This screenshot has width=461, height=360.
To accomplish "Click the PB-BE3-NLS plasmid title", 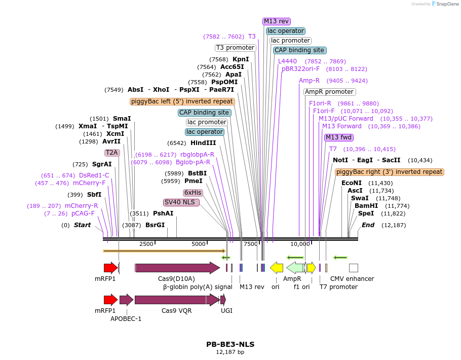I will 230,344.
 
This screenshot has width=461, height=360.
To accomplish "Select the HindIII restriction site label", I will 203,143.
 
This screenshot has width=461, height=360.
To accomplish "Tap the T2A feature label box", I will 111,152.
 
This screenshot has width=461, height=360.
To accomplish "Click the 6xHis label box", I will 193,193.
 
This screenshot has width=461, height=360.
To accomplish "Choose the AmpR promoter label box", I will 329,92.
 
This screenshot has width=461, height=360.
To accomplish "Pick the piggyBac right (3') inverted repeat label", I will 389,172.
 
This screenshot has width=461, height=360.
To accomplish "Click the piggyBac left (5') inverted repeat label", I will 182,101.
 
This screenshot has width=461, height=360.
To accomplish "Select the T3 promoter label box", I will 235,48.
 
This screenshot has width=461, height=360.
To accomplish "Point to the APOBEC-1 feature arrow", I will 126,300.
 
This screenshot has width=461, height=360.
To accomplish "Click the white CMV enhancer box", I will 354,268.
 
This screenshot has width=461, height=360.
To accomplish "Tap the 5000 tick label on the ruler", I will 199,244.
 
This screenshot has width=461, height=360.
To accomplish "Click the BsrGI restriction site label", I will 155,225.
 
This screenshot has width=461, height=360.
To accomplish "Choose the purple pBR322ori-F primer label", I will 300,69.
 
